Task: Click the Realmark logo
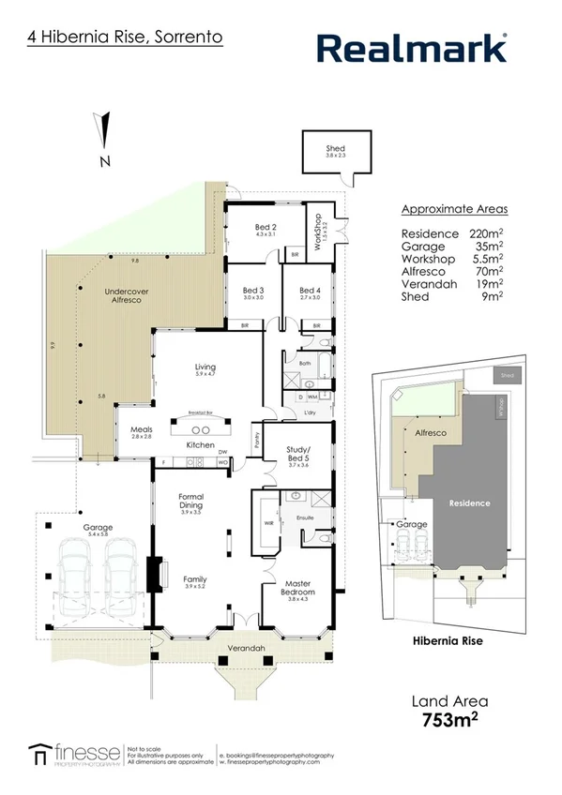click(412, 48)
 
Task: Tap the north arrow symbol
click(106, 130)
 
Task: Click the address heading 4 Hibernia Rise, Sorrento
click(125, 39)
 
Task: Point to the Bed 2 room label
click(266, 228)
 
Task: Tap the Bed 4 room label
click(310, 292)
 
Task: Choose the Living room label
click(205, 368)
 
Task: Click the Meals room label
click(141, 430)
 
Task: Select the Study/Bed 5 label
click(297, 454)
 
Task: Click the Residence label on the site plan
click(468, 503)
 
